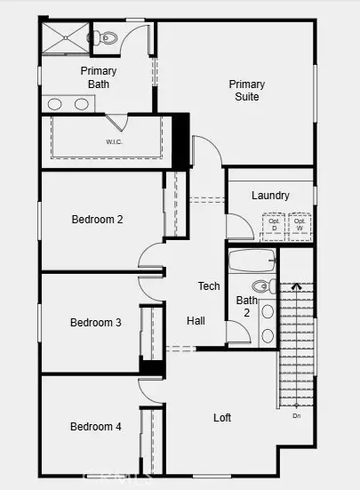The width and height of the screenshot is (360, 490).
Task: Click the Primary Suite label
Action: pos(247,91)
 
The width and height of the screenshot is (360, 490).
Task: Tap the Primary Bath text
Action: pos(98,77)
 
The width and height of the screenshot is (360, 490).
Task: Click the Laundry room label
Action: pos(269,196)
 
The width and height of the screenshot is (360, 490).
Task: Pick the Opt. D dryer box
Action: pos(274,226)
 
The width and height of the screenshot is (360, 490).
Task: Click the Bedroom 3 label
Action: pos(95,323)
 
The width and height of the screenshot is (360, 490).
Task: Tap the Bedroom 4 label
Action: pos(95,427)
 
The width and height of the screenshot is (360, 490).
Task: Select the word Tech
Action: pos(208,286)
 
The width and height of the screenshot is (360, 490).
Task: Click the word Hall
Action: pos(197,320)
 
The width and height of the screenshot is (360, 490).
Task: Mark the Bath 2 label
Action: pos(246,307)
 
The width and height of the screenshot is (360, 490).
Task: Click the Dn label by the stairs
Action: pos(296,415)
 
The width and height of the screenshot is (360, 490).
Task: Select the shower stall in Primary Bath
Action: pos(65,38)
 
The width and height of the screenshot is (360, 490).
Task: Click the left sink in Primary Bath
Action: pos(58,104)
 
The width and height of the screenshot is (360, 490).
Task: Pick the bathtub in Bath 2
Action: pos(252,261)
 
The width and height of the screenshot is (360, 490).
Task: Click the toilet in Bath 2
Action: pos(262,286)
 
